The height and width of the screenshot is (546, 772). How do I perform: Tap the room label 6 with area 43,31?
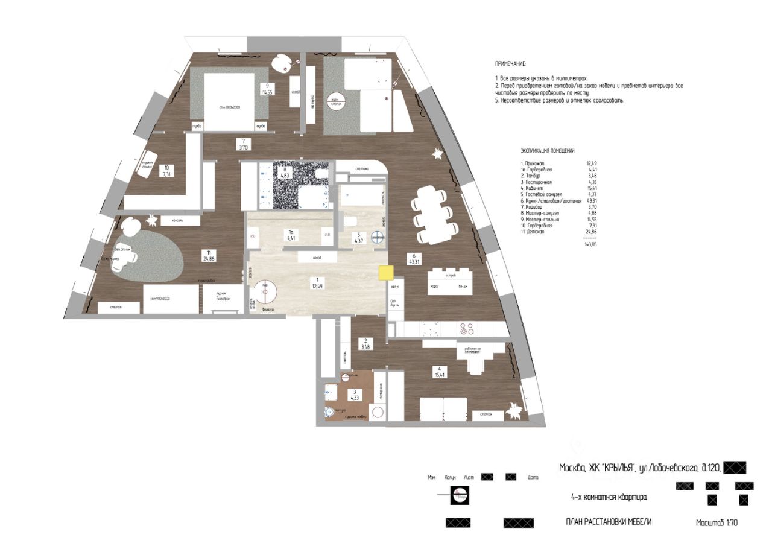[x=414, y=258]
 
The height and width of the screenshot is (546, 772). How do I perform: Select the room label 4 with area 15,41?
[x=436, y=372]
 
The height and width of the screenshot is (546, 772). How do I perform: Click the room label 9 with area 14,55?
[x=267, y=89]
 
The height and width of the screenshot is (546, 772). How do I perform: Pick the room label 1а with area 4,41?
[x=290, y=234]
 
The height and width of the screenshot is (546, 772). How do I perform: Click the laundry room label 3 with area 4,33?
[x=355, y=394]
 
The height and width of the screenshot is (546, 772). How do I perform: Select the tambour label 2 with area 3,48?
[x=365, y=344]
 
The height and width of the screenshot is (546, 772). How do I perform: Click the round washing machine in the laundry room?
[x=377, y=413]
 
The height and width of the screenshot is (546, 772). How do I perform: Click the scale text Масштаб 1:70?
[x=717, y=523]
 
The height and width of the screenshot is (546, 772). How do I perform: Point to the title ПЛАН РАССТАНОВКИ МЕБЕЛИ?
[x=609, y=522]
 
